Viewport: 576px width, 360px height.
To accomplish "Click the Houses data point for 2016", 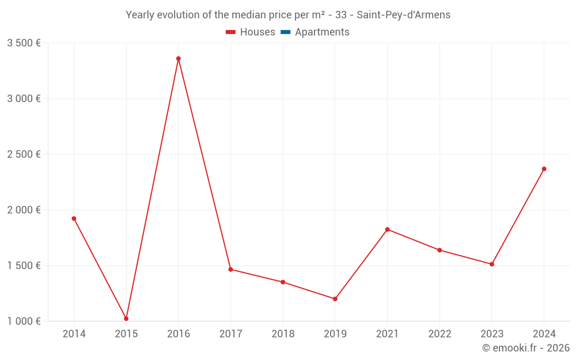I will click(179, 59).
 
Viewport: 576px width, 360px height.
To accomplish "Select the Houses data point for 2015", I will click(126, 319).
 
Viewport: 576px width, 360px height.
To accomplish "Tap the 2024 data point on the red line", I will click(544, 169).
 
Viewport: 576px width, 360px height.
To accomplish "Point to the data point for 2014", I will click(74, 218).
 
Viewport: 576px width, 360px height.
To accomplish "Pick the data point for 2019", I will click(335, 299).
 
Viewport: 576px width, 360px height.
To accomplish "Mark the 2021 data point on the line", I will click(387, 229).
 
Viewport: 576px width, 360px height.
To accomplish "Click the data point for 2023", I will click(491, 264).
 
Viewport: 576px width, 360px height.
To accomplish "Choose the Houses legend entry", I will click(251, 32).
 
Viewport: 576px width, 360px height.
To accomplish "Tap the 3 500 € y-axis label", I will click(24, 43).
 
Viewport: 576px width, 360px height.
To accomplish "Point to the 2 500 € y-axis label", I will click(24, 154).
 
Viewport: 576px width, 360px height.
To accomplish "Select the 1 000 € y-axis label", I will click(24, 321).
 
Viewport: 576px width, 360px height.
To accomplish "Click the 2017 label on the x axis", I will click(230, 334).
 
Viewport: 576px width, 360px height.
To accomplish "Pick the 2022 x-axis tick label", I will click(439, 334).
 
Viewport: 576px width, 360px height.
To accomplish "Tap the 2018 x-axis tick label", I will click(283, 334).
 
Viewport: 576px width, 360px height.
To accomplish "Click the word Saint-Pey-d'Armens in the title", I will click(403, 15).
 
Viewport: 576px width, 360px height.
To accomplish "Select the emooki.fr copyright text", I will click(526, 348).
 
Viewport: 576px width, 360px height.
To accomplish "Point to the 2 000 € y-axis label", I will click(24, 210).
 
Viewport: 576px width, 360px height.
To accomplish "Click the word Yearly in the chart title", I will click(141, 15).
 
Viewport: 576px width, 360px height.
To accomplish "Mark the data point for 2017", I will click(230, 270).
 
